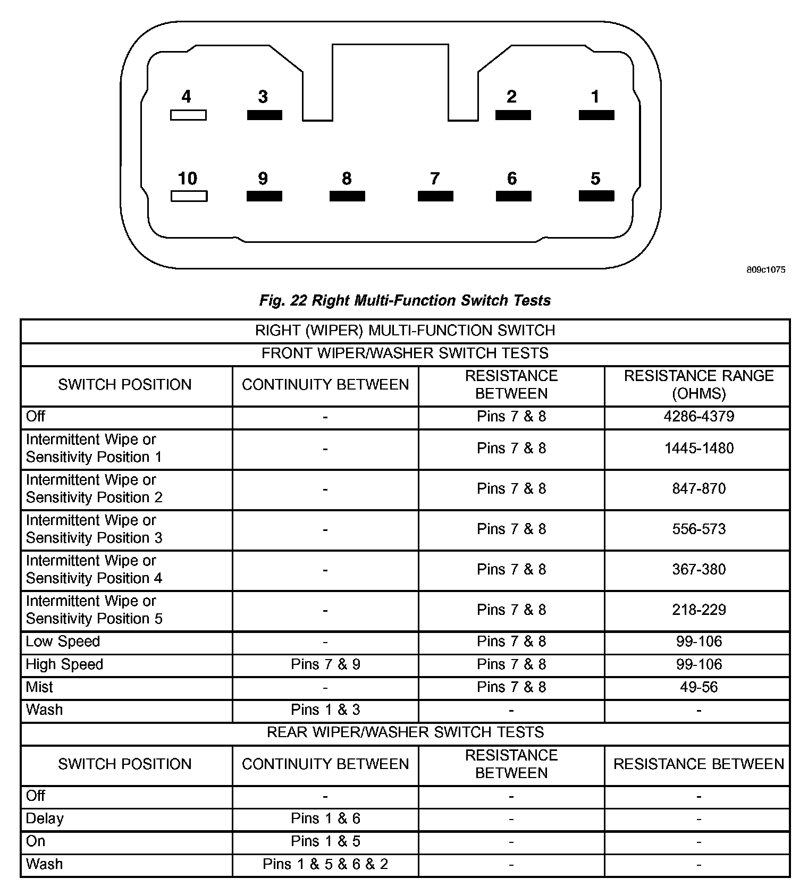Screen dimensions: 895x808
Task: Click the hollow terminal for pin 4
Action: pos(188,115)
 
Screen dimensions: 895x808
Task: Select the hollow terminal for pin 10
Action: pos(189,196)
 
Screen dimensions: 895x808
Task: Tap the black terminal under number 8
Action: pos(347,196)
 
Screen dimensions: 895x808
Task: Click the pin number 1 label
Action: pos(595,97)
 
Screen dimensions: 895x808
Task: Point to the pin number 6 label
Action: pos(512,179)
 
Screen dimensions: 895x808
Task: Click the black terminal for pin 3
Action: pos(265,115)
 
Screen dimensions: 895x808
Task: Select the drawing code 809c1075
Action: pos(765,270)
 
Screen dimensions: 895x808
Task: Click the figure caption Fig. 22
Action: pos(405,300)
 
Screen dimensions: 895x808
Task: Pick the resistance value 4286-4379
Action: pos(698,416)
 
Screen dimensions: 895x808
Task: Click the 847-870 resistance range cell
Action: pos(698,488)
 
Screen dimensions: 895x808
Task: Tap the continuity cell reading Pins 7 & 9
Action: pos(325,664)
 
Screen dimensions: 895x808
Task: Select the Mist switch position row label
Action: pos(39,687)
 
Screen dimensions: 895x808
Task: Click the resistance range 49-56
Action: pos(698,687)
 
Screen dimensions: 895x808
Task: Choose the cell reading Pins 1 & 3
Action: pos(325,710)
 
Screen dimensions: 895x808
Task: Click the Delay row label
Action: pos(45,818)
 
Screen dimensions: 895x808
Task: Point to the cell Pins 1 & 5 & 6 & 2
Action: pos(325,864)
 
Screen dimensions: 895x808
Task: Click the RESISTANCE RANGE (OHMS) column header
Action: pos(698,384)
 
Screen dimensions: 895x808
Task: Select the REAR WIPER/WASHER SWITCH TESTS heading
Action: pos(405,732)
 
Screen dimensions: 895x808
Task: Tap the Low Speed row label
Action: pos(63,641)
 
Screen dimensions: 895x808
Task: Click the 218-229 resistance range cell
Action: pos(698,610)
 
